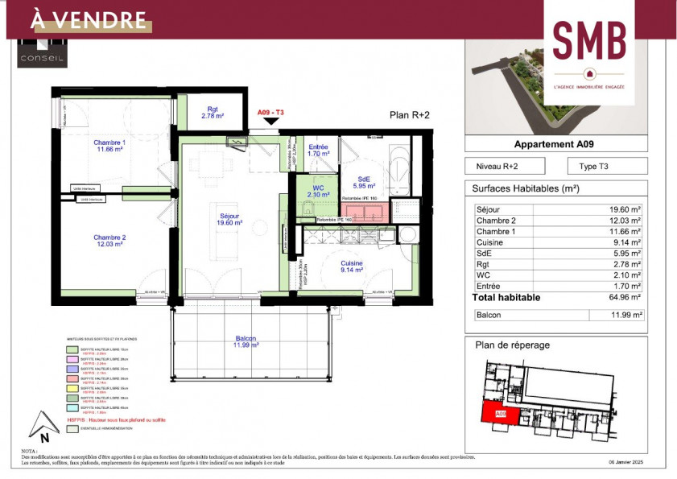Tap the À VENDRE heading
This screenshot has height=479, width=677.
(88, 20)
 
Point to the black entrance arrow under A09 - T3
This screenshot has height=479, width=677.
(271, 121)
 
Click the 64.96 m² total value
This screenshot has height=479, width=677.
(625, 298)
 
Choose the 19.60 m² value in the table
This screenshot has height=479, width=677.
(625, 209)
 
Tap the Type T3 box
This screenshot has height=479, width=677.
(606, 167)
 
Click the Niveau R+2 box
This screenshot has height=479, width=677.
(505, 167)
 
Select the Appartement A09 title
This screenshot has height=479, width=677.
(555, 145)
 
